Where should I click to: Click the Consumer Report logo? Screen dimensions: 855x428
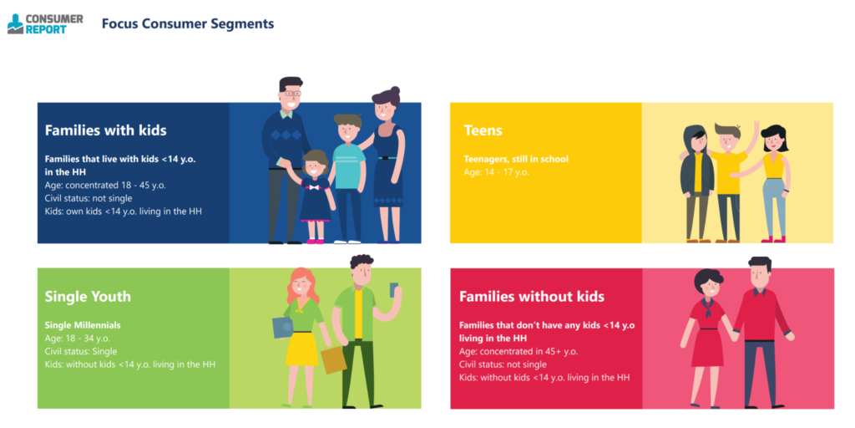pyautogui.click(x=45, y=24)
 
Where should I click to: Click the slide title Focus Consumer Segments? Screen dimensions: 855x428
pyautogui.click(x=188, y=24)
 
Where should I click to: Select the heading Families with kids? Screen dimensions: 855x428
pyautogui.click(x=106, y=130)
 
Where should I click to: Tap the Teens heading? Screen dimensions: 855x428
pyautogui.click(x=483, y=130)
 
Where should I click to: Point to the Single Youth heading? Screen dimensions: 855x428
pyautogui.click(x=88, y=297)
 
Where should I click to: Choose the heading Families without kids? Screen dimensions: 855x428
pyautogui.click(x=532, y=297)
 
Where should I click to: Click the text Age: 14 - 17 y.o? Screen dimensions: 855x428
pyautogui.click(x=496, y=172)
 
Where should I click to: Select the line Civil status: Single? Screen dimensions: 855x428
pyautogui.click(x=81, y=351)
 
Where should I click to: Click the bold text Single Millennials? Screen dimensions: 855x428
pyautogui.click(x=83, y=325)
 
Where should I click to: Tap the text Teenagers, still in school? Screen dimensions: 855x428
pyautogui.click(x=516, y=159)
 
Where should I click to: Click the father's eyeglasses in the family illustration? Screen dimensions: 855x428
pyautogui.click(x=291, y=93)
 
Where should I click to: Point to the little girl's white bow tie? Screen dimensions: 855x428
pyautogui.click(x=315, y=187)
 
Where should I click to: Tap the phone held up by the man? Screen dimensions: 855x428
pyautogui.click(x=394, y=288)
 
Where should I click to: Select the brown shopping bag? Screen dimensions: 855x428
pyautogui.click(x=334, y=359)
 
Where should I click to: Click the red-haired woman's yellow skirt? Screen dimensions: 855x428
pyautogui.click(x=301, y=349)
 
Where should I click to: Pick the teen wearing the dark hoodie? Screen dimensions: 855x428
pyautogui.click(x=697, y=183)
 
